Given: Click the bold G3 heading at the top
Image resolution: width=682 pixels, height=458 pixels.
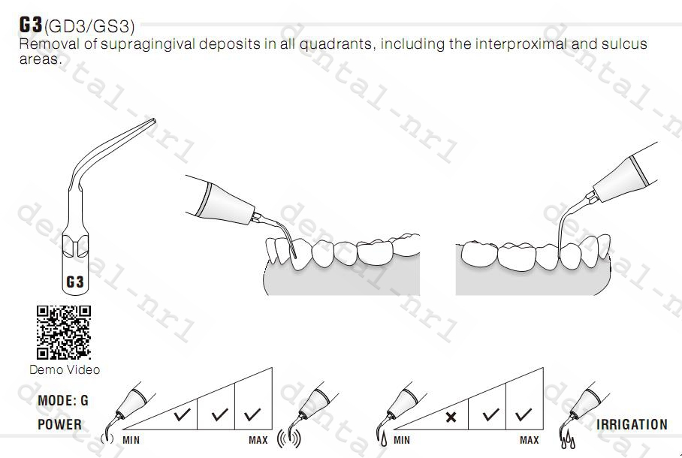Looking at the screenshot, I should click(x=31, y=25).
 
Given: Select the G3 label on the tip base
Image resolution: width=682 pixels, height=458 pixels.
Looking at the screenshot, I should click(x=75, y=282).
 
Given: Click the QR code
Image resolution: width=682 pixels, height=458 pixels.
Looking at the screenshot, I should click(x=64, y=332).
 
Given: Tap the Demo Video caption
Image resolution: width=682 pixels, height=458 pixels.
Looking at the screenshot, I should click(x=65, y=369).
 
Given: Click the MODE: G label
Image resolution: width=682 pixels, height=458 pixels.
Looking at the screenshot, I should click(x=62, y=401).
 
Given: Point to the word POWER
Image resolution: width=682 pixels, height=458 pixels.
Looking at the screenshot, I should click(x=59, y=424).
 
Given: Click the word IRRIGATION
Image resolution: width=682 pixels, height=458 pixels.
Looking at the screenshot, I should click(x=632, y=424).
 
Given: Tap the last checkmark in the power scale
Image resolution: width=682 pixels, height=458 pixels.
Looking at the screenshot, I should click(x=253, y=414).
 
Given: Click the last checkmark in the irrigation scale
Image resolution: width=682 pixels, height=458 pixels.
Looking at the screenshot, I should click(x=524, y=414).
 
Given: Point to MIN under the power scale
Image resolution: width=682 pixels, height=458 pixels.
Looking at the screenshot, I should click(x=131, y=441).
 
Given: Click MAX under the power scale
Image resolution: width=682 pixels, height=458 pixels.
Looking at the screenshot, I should click(x=258, y=441).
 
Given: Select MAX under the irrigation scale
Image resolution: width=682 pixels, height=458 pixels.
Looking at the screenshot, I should click(x=530, y=441).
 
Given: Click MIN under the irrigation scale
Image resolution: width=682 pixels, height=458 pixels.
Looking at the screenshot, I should click(x=402, y=441).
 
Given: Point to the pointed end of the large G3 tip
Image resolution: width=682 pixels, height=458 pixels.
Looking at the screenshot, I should click(x=153, y=121).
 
